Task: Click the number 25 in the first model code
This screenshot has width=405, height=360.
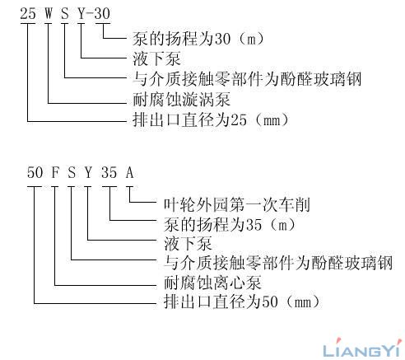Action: coord(28,13)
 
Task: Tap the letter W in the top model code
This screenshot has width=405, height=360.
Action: coord(49,13)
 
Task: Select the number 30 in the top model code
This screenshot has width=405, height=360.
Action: coord(102,13)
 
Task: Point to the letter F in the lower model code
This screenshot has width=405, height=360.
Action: coord(55,173)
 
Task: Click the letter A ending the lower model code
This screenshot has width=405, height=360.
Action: coord(130,173)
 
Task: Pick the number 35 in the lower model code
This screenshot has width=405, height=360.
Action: coord(109,173)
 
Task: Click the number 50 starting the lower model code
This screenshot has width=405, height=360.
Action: coord(35,173)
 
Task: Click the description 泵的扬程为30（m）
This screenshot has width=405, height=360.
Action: coord(198,39)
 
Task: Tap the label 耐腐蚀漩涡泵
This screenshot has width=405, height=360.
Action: coord(181,100)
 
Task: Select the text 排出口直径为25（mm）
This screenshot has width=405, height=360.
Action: coord(211,120)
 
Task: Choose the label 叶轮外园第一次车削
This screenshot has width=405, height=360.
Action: coord(237,205)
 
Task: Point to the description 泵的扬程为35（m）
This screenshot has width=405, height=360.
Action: coord(230,225)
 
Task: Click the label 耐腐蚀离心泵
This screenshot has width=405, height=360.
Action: coord(212,283)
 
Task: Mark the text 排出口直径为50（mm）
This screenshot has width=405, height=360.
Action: coord(242,302)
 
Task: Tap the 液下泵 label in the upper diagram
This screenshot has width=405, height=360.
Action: coord(156,59)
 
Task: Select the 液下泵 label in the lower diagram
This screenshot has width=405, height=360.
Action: coord(188,244)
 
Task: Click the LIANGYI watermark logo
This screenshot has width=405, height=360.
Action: coord(361,348)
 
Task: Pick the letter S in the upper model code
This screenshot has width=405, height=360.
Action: coord(65,13)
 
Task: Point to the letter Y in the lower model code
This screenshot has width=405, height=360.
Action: coord(88,173)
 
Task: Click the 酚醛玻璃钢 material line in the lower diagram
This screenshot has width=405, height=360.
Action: coord(278,263)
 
